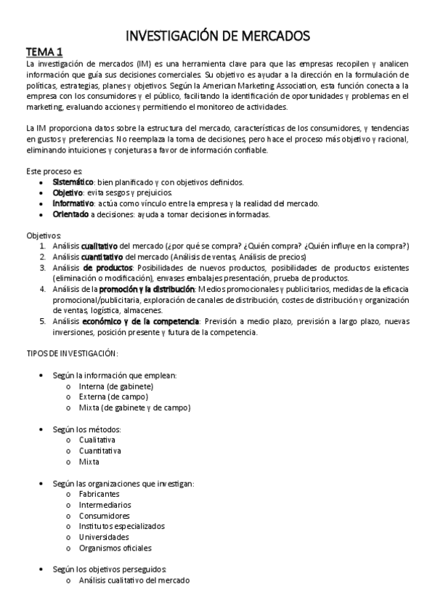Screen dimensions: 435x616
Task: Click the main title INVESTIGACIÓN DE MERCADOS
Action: point(219,35)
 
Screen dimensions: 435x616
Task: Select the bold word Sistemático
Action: point(73,182)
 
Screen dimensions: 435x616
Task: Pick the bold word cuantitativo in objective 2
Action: point(101,257)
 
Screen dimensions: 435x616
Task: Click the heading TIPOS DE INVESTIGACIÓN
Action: point(67,353)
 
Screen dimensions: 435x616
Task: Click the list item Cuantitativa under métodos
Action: point(100,450)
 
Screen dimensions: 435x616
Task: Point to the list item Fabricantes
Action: point(99,494)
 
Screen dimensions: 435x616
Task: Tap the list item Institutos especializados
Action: point(121,526)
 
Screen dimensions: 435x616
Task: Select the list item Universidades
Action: point(103,537)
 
